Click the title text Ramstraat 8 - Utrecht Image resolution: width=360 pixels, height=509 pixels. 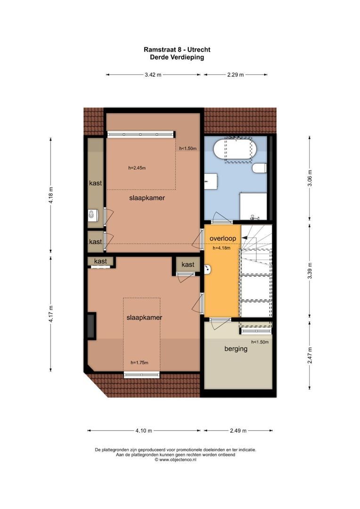[x=177, y=49]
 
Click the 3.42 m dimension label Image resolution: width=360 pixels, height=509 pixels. [x=153, y=74]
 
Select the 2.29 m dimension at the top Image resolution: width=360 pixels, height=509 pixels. [x=236, y=74]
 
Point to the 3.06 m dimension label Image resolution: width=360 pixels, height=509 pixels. [x=310, y=178]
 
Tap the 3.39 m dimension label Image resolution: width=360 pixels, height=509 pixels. [x=310, y=271]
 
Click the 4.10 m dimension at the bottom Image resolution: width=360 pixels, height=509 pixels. [x=144, y=430]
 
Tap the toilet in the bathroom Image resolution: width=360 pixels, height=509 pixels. [x=260, y=168]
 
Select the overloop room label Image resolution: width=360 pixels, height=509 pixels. [x=223, y=238]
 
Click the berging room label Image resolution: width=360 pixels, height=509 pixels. [x=236, y=349]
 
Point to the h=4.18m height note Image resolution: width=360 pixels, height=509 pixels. [x=221, y=248]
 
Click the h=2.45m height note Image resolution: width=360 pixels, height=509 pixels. [x=137, y=167]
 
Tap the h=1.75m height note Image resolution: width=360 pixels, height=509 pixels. [x=139, y=362]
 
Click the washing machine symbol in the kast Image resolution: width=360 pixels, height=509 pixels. [x=92, y=215]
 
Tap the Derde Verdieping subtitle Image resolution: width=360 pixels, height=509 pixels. [x=177, y=57]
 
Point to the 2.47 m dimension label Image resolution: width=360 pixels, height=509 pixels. [x=310, y=357]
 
